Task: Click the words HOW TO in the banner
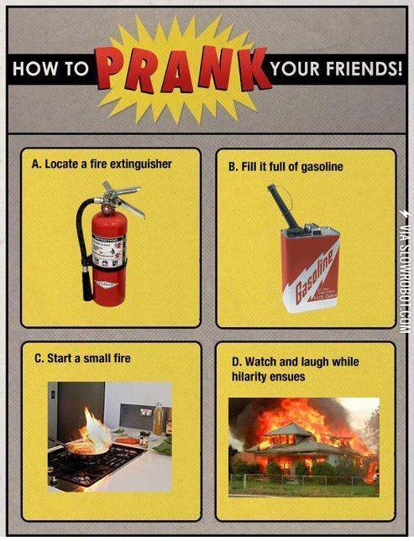50,70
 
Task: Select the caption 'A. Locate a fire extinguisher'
102,164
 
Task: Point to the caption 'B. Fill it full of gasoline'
286,166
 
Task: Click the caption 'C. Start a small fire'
82,358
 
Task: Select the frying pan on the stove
88,449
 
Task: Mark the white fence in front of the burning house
302,480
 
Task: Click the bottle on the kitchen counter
158,419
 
